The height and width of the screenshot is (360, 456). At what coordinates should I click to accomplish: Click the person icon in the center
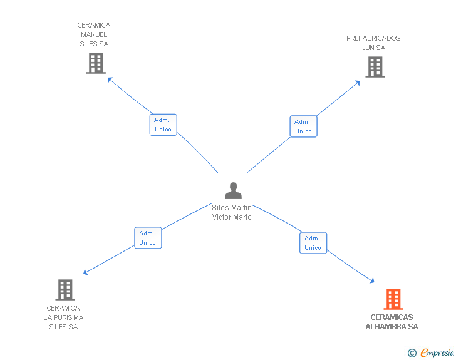(x=233, y=191)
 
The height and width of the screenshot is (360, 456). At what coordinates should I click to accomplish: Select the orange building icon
(x=393, y=299)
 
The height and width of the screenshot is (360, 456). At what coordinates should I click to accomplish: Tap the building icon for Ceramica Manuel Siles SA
(x=96, y=63)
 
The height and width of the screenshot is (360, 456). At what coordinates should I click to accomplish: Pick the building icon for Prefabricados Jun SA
(x=375, y=67)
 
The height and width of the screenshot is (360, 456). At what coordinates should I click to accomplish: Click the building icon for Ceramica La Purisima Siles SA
(x=65, y=290)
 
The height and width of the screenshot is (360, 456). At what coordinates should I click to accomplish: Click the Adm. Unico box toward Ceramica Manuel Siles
(x=163, y=125)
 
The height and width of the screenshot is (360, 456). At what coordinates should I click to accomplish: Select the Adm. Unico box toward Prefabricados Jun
(x=303, y=126)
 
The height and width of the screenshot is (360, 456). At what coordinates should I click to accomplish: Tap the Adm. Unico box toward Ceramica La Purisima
(x=148, y=238)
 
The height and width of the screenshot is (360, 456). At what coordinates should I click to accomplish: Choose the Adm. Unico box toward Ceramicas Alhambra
(x=313, y=243)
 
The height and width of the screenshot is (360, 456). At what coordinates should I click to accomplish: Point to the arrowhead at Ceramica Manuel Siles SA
(x=110, y=79)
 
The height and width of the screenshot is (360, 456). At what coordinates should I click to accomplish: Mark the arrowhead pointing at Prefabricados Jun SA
(x=358, y=83)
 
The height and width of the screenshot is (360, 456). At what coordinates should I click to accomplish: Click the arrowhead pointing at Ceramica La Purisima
(x=85, y=272)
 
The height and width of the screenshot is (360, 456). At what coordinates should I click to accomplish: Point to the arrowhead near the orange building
(x=371, y=280)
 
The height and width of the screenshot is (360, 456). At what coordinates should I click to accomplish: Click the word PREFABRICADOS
(x=373, y=38)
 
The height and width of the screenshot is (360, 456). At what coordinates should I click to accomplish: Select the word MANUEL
(x=94, y=34)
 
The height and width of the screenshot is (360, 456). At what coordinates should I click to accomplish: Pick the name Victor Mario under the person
(x=232, y=217)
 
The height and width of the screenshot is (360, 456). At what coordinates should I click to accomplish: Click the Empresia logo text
(x=437, y=352)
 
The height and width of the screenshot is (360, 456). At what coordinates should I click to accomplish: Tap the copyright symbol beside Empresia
(x=412, y=353)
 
